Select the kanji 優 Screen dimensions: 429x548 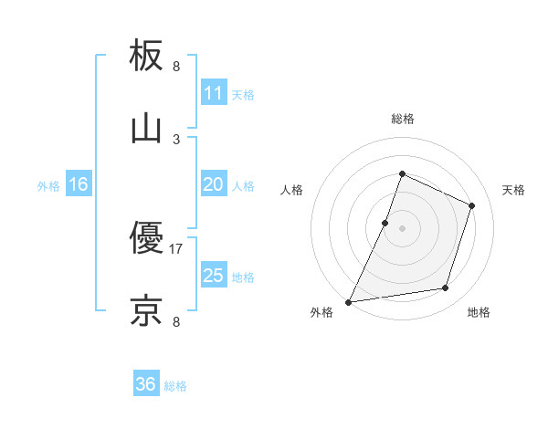pos(146,239)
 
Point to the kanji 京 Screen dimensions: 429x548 pos(146,310)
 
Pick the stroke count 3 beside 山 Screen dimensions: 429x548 pos(176,139)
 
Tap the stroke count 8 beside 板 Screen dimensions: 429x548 pos(176,67)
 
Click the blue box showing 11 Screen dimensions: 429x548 pos(213,92)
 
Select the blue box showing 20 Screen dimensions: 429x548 pos(213,184)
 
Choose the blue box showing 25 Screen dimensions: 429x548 pos(213,276)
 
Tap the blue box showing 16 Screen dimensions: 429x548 pos(79,184)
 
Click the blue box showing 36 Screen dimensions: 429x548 pos(146,384)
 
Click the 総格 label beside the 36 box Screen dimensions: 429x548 pos(176,386)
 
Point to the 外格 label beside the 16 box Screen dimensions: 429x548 pos(48,186)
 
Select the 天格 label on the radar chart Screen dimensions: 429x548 pos(513,190)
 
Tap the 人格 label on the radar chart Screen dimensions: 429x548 pos(291,190)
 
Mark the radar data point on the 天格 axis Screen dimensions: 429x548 pos(472,205)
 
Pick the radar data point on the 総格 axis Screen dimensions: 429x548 pos(402,173)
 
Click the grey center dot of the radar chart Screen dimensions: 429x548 pos(402,228)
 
